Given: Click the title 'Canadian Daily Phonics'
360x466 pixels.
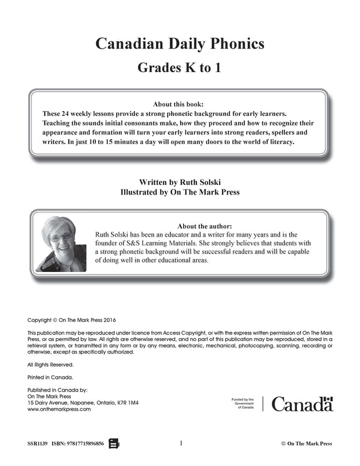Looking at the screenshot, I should [x=180, y=44].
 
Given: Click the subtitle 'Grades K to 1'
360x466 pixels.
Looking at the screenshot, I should [x=180, y=67].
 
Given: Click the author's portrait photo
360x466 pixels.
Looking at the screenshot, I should [x=60, y=244].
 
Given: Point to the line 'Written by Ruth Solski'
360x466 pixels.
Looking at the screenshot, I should [x=179, y=181].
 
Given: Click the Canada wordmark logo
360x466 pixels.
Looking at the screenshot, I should [x=302, y=404].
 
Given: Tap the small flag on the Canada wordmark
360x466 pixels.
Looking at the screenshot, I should [x=327, y=399].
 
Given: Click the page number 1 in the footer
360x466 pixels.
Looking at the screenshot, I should [x=181, y=444].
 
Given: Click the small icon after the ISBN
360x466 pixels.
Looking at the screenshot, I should [x=114, y=444].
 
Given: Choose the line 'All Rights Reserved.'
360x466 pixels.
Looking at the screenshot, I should [x=51, y=365].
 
